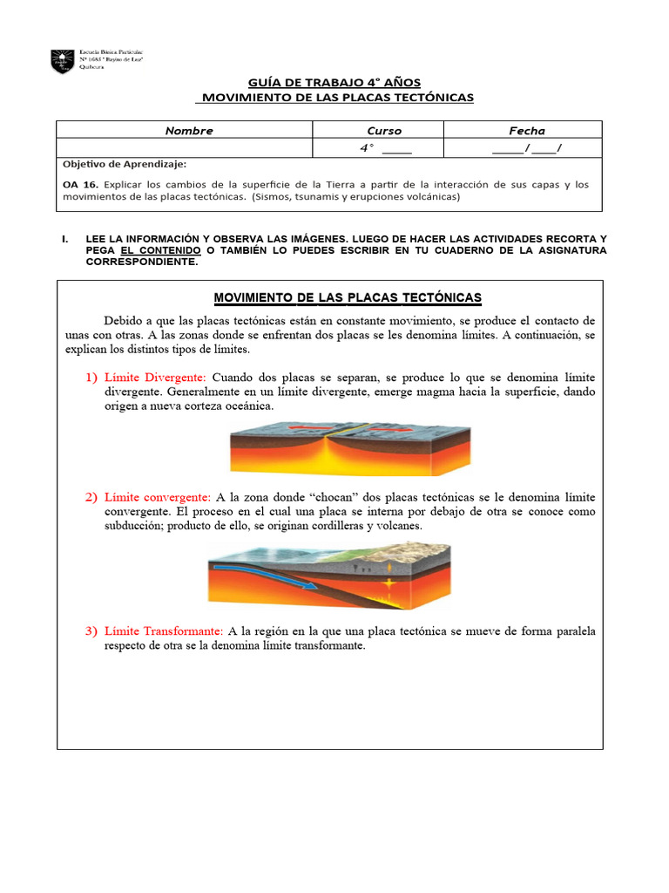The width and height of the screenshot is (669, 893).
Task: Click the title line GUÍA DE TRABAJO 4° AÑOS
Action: tap(334, 81)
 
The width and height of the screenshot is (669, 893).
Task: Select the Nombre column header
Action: tap(189, 131)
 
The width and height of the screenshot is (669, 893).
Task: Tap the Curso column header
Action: tap(384, 131)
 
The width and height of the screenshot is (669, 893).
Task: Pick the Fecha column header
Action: tap(527, 131)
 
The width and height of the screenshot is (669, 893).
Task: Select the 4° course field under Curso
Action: tap(384, 148)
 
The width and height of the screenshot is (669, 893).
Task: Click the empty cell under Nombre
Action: tap(185, 148)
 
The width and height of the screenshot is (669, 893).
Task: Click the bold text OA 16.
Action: tap(82, 185)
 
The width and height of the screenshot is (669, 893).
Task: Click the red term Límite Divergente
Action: tap(154, 378)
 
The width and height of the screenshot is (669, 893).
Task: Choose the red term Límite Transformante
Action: tap(163, 631)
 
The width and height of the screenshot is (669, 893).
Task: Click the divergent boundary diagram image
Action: tap(349, 448)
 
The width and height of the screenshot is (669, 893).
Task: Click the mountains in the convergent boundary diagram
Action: tap(418, 549)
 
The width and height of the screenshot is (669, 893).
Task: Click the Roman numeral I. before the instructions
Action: tap(64, 238)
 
